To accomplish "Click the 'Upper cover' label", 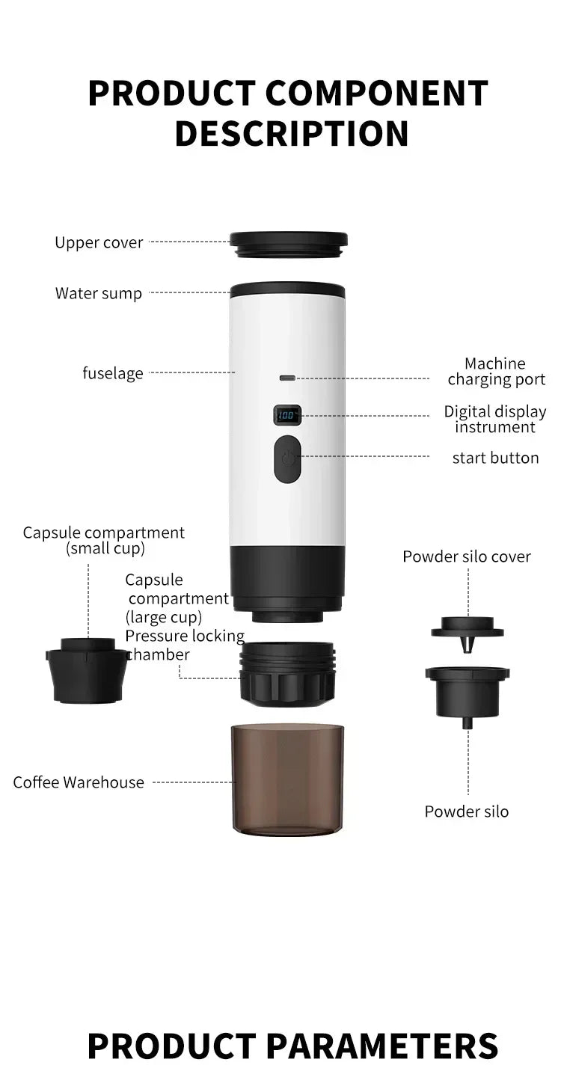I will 99,242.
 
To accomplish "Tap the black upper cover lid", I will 289,243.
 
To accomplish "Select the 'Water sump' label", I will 98,293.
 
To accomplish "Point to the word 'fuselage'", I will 113,372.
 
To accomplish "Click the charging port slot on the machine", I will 288,378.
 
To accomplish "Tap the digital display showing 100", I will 288,414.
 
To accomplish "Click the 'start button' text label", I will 495,458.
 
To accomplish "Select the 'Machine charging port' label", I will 496,372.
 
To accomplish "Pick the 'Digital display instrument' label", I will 495,419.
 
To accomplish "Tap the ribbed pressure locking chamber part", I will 288,672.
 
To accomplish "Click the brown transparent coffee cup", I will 288,777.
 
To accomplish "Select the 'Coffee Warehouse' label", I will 79,782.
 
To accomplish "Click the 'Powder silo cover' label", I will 467,556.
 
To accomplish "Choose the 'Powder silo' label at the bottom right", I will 467,812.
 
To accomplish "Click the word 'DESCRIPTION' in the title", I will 292,133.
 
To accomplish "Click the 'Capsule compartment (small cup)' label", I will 104,540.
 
